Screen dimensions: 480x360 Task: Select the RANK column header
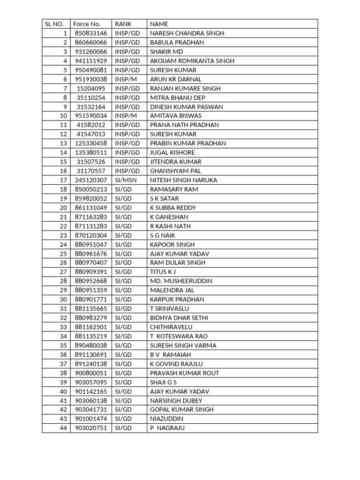pos(123,24)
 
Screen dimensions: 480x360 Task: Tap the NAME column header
pos(159,24)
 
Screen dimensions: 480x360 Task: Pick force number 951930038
pos(91,79)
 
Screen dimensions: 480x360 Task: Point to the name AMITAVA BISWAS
pos(176,116)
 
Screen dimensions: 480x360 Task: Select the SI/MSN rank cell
pos(126,180)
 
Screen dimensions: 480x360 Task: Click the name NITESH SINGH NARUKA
pos(184,180)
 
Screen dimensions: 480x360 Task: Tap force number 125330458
pos(91,143)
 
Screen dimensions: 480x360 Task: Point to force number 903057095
pos(91,382)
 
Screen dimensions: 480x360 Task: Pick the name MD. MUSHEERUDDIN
pos(181,281)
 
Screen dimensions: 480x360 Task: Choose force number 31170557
pos(91,171)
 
